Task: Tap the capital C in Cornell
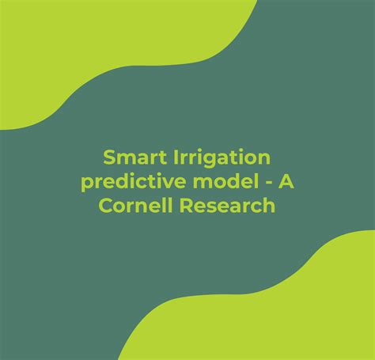tap(108, 206)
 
